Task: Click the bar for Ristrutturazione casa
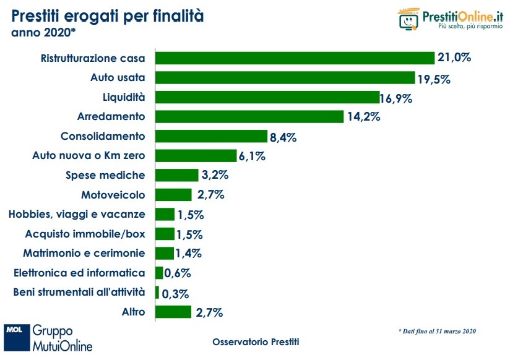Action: point(295,58)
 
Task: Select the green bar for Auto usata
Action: point(285,78)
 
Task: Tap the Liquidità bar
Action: point(267,97)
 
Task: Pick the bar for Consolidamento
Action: point(202,136)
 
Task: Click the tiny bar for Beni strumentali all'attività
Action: point(157,292)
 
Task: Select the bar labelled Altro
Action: point(173,312)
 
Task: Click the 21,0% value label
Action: point(454,58)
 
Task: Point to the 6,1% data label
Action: point(253,156)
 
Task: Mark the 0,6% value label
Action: point(178,273)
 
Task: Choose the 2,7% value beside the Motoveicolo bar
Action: point(209,195)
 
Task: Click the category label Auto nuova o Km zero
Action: point(88,156)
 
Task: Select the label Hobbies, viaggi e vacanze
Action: point(77,214)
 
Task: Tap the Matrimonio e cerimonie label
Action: point(84,253)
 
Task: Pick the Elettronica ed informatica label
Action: point(79,273)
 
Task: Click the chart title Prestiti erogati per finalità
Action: point(107,15)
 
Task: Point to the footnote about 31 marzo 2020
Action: point(437,332)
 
